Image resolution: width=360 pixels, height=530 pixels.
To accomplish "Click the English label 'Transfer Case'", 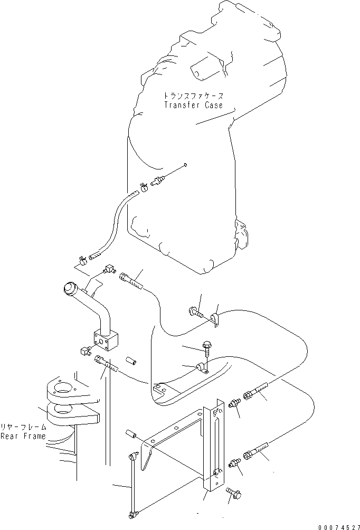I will [x=193, y=105].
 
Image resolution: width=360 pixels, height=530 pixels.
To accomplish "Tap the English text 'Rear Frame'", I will [x=23, y=436].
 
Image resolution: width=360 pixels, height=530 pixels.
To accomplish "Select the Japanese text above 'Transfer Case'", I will [x=193, y=97].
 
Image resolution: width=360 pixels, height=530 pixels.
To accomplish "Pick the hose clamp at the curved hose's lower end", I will [x=82, y=260].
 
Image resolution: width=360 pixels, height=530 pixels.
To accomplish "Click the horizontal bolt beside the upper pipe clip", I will [x=195, y=314].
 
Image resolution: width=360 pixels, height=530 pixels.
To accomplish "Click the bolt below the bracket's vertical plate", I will [x=234, y=494].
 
